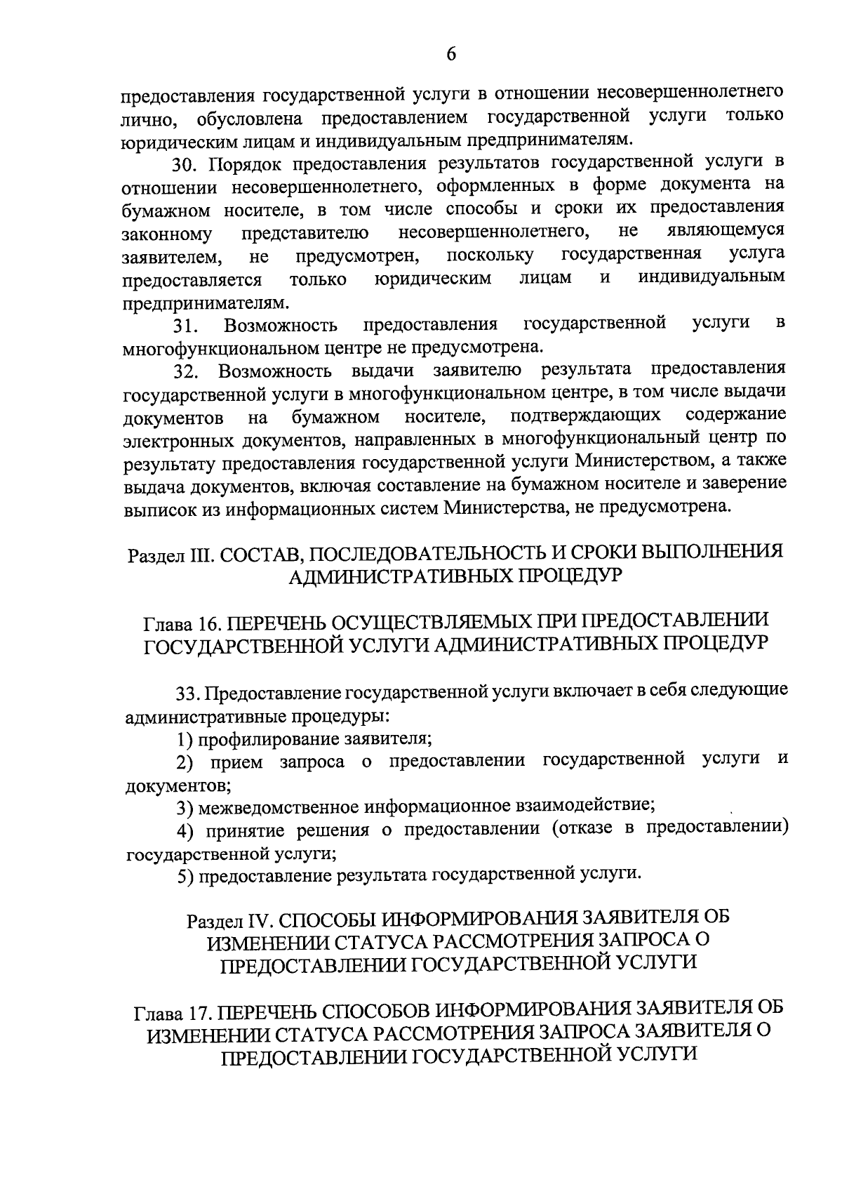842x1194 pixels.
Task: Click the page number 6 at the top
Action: pyautogui.click(x=451, y=54)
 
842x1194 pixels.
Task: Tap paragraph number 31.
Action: pyautogui.click(x=186, y=326)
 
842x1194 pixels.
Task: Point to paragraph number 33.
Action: pyautogui.click(x=187, y=694)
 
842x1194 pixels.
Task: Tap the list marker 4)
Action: pyautogui.click(x=185, y=831)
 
